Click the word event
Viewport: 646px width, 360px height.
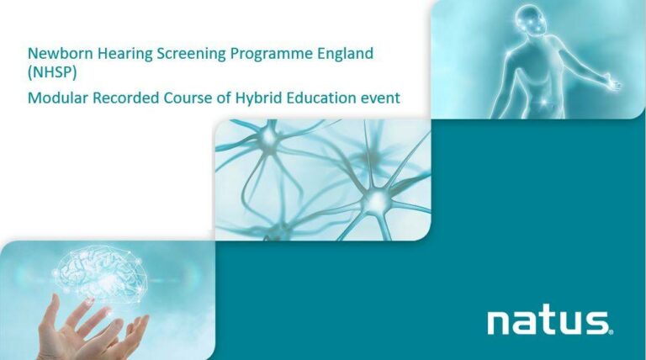[382, 98]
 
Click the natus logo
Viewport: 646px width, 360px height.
[547, 322]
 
